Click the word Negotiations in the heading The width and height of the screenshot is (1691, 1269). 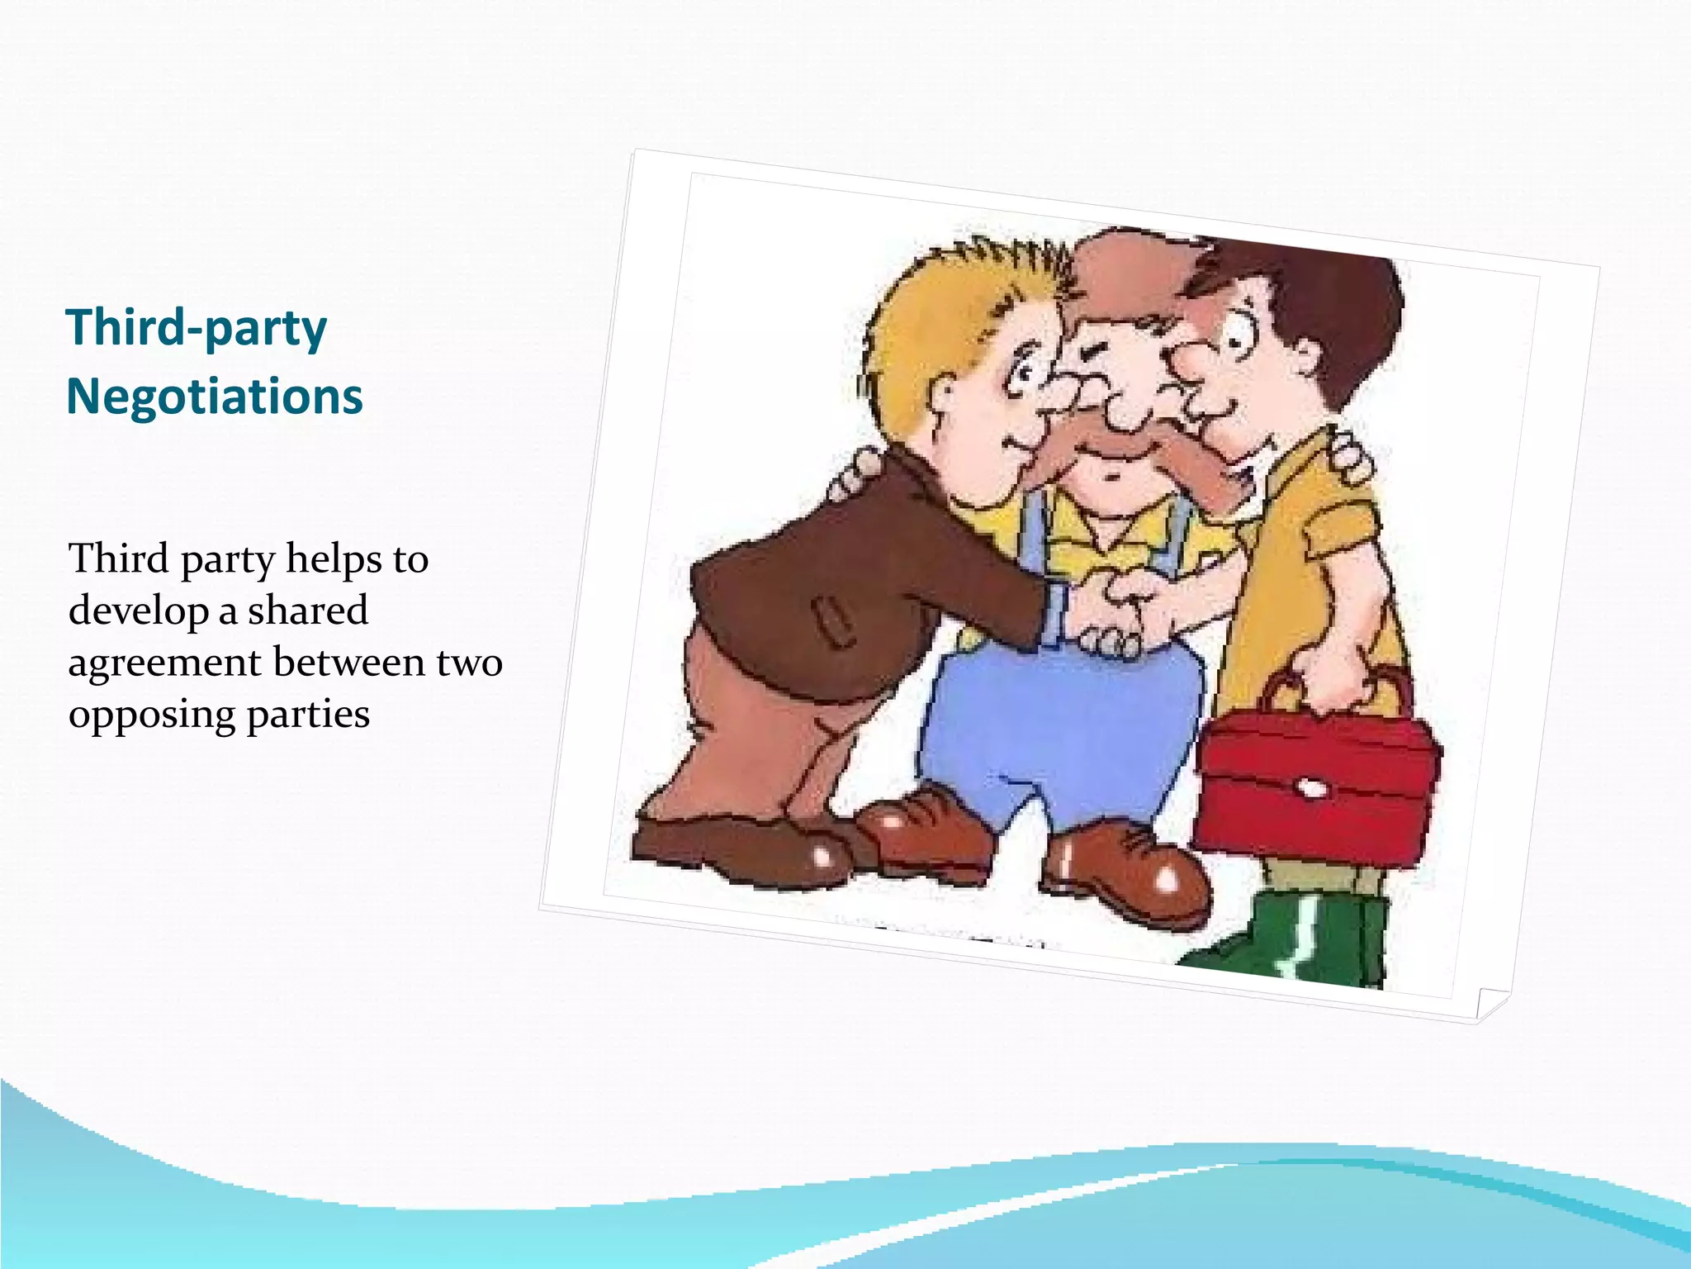214,397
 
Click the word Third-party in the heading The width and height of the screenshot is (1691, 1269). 197,329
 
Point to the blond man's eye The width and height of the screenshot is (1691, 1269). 1022,377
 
